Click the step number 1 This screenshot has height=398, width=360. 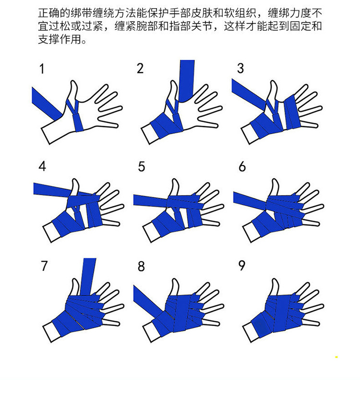(42, 69)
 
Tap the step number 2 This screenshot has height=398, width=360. (140, 69)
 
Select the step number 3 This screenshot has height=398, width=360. (240, 69)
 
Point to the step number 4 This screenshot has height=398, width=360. (42, 166)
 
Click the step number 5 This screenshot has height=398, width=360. (142, 166)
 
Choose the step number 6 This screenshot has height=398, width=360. (242, 166)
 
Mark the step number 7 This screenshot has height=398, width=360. (44, 266)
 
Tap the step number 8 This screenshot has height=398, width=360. (141, 267)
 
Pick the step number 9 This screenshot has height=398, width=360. (242, 266)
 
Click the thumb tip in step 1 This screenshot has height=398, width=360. (73, 82)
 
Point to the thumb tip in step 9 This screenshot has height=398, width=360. (275, 280)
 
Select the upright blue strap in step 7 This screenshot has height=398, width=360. (88, 277)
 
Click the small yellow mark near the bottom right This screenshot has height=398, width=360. (336, 357)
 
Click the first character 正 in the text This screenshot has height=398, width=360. (44, 12)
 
